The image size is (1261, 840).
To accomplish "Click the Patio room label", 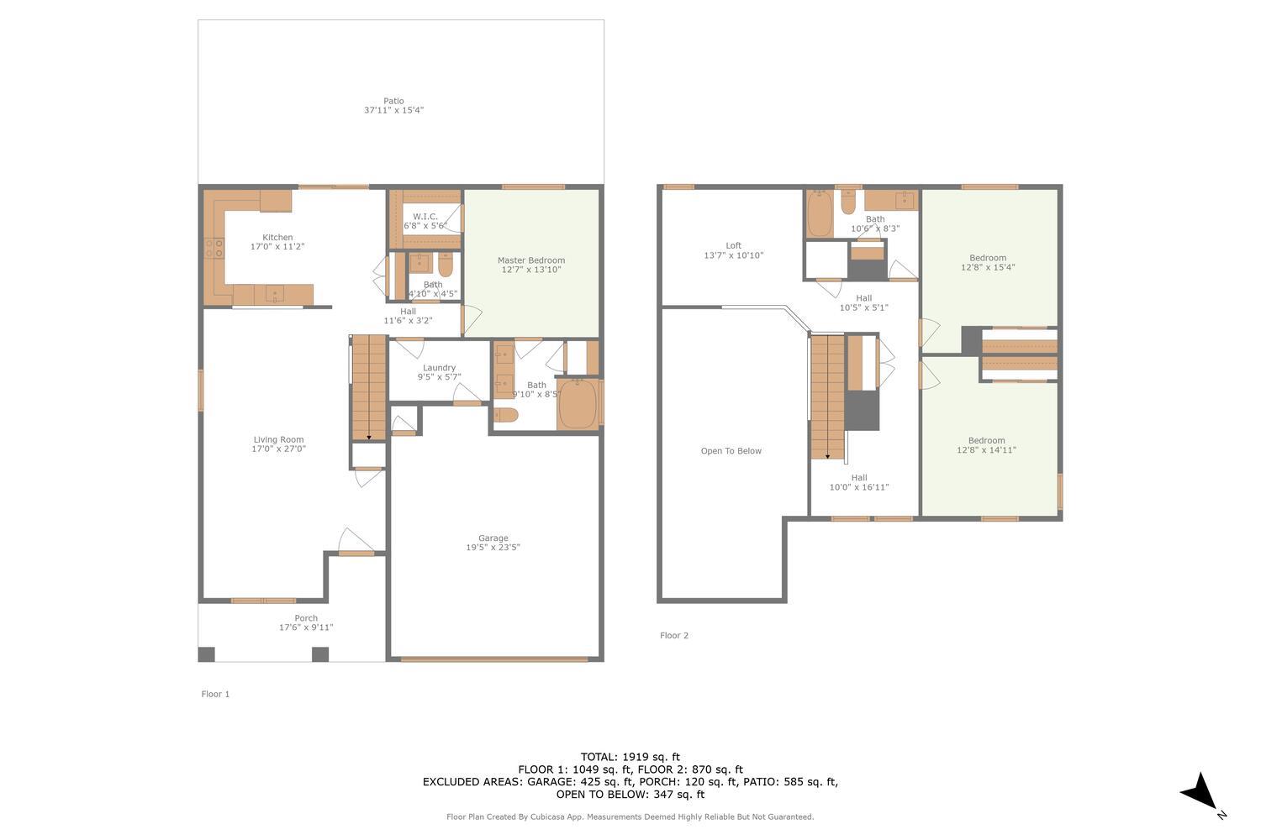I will pos(393,102).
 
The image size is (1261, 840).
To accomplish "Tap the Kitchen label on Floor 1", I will pos(277,238).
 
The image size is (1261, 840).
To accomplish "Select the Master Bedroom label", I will pos(530,260).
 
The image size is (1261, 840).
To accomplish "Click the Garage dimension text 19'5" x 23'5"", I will pos(493,548).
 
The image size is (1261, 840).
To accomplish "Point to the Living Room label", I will pos(278,439).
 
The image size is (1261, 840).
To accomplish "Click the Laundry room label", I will pos(439,368).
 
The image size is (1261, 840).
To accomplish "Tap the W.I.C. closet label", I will pos(425,217).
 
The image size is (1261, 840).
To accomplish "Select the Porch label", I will pos(306,618).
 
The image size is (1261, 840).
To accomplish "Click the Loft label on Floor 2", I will pos(733,246).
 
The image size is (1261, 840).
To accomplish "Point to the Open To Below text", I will pos(731,451).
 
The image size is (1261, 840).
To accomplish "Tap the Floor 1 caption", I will pos(215,694).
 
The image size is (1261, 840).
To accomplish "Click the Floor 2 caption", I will pos(673,636).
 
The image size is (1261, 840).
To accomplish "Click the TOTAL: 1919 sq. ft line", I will pos(630,757).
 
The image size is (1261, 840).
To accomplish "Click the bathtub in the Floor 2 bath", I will pos(819,214).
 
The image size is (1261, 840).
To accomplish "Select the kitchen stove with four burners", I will pos(214,248).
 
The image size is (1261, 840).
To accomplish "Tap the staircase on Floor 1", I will pos(368,386).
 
